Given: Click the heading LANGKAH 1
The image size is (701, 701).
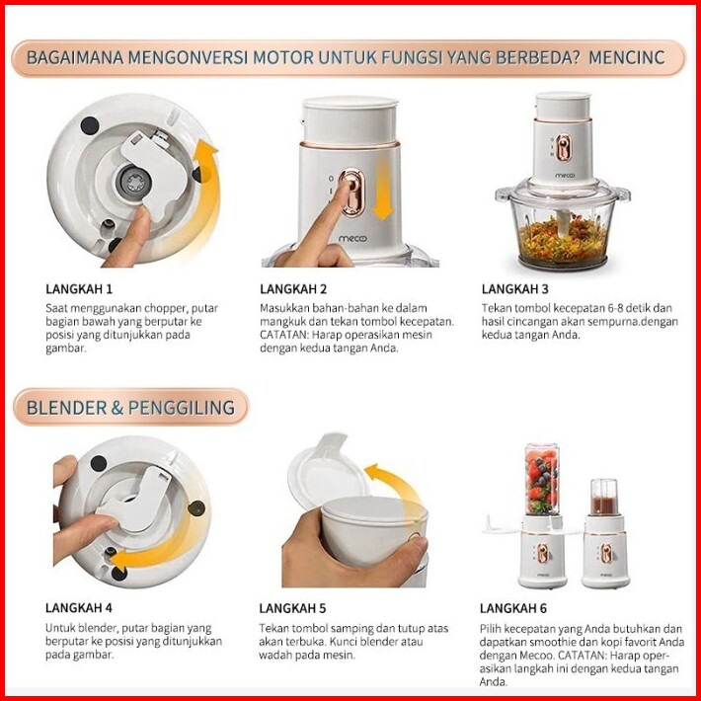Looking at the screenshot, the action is tap(79, 289).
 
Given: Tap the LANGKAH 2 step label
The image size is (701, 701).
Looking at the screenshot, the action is tap(293, 289).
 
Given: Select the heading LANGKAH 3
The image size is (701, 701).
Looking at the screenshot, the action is tap(514, 289).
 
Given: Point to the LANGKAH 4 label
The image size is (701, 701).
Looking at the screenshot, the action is tap(79, 608).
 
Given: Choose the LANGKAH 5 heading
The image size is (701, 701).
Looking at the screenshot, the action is tap(292, 608).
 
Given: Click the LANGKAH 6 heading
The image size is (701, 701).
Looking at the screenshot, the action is tap(513, 608).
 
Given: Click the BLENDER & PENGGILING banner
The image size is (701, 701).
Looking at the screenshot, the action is tap(130, 408).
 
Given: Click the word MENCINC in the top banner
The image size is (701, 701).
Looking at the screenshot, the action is tap(627, 57).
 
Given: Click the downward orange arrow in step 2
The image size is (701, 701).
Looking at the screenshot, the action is tap(382, 190).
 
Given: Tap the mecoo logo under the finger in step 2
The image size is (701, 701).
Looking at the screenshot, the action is tap(352, 239).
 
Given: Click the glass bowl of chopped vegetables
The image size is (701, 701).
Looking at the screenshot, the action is tap(563, 228).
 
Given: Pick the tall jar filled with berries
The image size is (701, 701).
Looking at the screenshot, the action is tap(542, 479).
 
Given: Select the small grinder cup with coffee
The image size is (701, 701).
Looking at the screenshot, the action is tap(604, 498).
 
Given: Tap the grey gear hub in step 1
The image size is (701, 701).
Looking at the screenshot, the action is tap(134, 182).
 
